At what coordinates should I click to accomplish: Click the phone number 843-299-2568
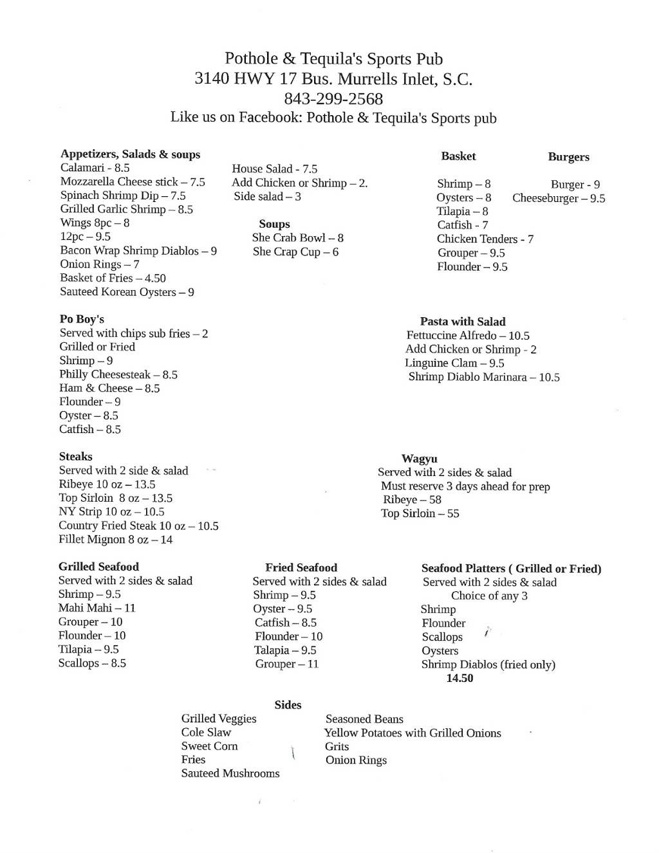coord(333,99)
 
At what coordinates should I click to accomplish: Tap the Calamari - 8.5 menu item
coord(95,168)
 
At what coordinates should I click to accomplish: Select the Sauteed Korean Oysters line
coord(127,292)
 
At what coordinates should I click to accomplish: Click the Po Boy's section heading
coord(82,319)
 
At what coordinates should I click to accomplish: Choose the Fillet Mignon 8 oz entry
coord(116,540)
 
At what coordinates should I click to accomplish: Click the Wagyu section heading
coord(420,459)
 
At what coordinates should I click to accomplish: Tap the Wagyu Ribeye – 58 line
coord(412,500)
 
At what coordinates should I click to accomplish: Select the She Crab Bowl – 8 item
coord(298,238)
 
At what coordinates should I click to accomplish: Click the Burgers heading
coord(568,157)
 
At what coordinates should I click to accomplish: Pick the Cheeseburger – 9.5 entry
coord(559,198)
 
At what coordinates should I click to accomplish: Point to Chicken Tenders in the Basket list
coord(485,239)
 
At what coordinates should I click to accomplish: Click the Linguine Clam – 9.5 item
coord(454,363)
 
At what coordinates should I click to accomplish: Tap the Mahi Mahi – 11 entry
coord(97,608)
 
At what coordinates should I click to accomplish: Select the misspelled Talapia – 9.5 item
coord(285,650)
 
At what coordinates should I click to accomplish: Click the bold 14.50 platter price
coord(459,678)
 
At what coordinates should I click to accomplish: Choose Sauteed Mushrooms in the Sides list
coord(230,773)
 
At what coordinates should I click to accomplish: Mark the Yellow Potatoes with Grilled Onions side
coord(413,733)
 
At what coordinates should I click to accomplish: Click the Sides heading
coord(288,705)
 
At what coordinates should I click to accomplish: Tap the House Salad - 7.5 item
coord(275,169)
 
